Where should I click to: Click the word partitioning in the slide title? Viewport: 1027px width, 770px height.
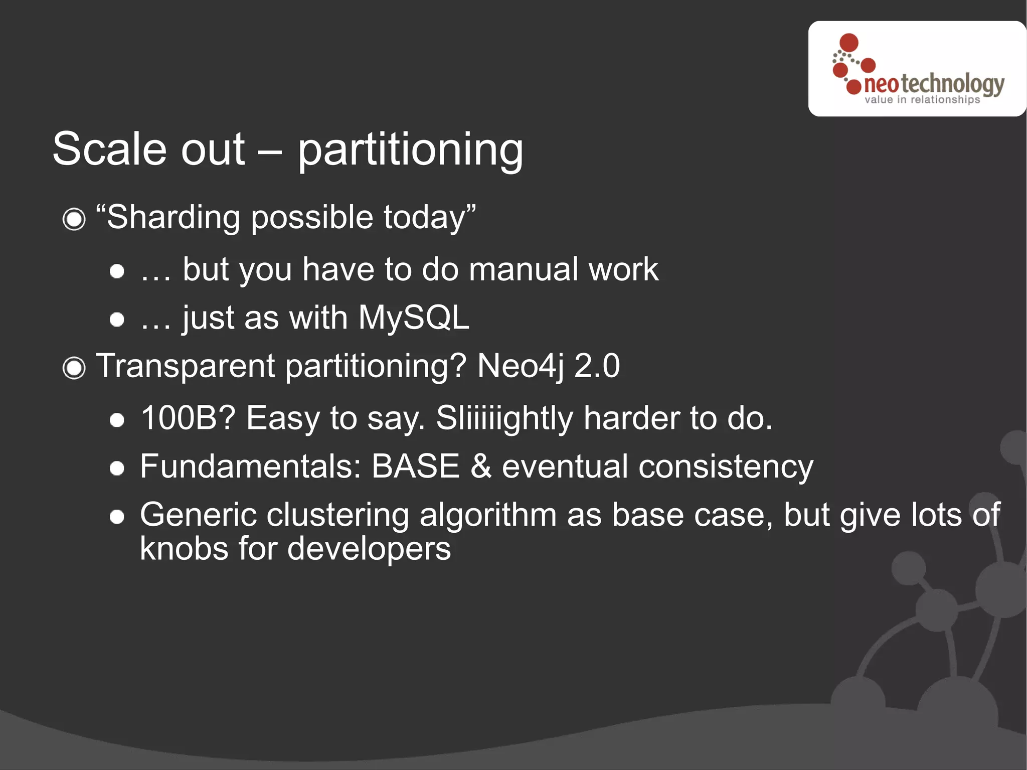point(410,150)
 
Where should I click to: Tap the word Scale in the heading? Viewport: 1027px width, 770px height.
point(109,149)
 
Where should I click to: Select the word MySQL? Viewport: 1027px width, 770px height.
point(413,318)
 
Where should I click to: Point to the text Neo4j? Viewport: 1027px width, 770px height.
point(520,366)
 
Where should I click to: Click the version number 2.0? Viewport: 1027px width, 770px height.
point(597,366)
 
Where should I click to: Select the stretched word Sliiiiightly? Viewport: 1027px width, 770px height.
point(504,418)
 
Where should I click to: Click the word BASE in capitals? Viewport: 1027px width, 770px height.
point(415,467)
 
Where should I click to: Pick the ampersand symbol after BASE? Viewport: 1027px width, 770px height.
point(480,467)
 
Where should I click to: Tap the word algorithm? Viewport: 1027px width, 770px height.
point(487,515)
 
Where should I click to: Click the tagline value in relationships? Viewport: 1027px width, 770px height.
point(922,100)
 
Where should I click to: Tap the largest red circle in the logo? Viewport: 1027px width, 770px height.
point(848,43)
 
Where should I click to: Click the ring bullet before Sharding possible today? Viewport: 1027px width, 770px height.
point(74,219)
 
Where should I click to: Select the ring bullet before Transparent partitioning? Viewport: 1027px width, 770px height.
point(74,368)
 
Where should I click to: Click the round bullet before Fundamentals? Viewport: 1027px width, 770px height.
point(117,469)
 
